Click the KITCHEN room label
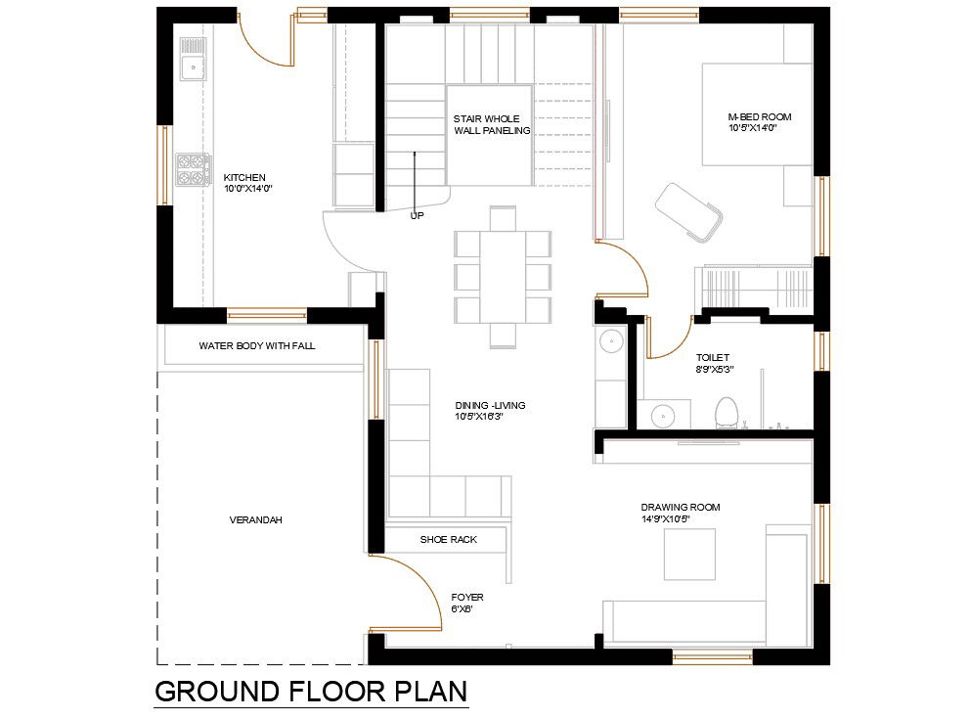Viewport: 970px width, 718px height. click(x=244, y=177)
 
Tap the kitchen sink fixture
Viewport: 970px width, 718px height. click(x=193, y=60)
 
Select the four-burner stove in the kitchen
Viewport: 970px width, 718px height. click(x=193, y=170)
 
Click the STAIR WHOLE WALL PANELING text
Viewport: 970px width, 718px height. click(x=491, y=124)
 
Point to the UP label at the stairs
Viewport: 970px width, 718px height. click(x=417, y=215)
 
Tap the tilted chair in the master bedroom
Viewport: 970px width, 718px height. click(x=689, y=210)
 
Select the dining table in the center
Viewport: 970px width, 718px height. click(x=503, y=277)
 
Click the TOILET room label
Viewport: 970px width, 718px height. click(x=713, y=358)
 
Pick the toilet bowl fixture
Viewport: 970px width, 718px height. click(x=726, y=411)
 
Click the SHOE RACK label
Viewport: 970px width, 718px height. click(x=448, y=539)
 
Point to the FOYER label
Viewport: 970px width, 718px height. click(x=466, y=597)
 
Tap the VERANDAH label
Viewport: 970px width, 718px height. click(x=255, y=520)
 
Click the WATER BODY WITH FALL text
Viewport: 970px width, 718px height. click(x=256, y=346)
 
